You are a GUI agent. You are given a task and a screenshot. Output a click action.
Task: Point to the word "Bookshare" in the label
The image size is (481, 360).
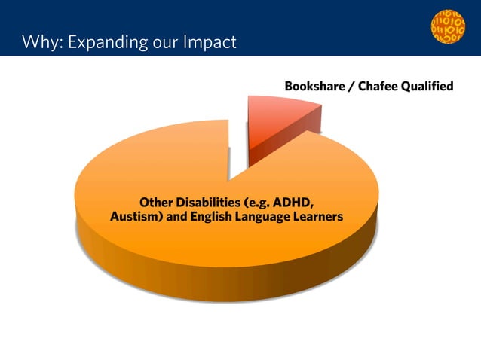pyautogui.click(x=314, y=87)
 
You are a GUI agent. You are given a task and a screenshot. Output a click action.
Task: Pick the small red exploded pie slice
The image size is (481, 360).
pyautogui.click(x=283, y=121)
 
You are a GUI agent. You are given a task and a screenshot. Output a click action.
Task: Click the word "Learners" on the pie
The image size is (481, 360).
pyautogui.click(x=320, y=217)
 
